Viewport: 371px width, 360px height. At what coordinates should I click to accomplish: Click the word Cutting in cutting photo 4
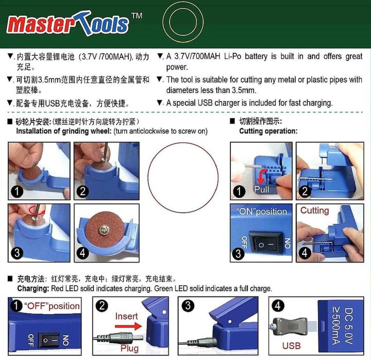[314, 210]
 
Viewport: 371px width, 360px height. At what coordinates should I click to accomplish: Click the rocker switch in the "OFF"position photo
[50, 339]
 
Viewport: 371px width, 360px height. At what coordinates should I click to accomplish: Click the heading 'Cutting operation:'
[268, 131]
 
